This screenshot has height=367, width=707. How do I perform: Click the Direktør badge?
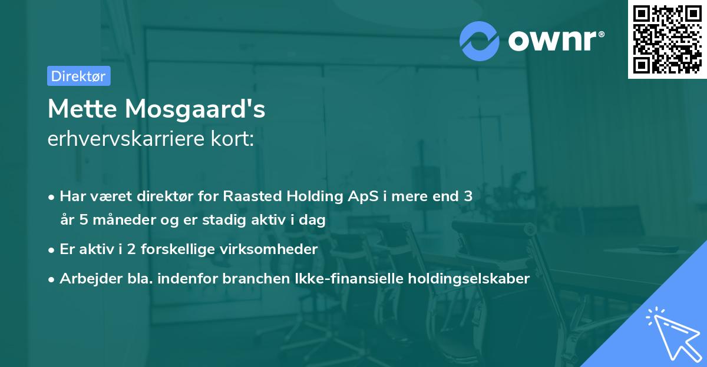click(x=78, y=76)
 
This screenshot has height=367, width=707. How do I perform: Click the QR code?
click(x=667, y=39)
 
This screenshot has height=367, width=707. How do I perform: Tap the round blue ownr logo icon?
click(x=480, y=41)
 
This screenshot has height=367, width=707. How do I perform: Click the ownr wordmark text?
click(x=555, y=41)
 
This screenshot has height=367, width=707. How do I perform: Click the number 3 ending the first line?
click(x=468, y=196)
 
